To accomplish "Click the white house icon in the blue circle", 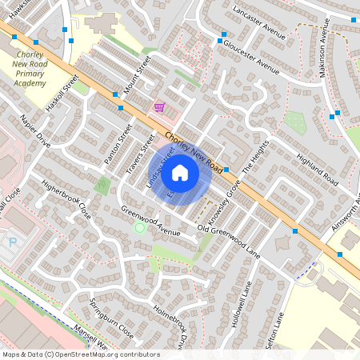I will (180, 172).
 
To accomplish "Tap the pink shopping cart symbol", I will (159, 107).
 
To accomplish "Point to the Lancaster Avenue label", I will (258, 23).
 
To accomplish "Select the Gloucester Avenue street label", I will (251, 58).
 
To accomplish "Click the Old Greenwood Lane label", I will (229, 241).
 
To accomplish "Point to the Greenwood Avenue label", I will (151, 221).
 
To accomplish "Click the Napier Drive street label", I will (34, 134).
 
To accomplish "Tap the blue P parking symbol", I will (12, 241).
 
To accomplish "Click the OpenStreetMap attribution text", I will (81, 354).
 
